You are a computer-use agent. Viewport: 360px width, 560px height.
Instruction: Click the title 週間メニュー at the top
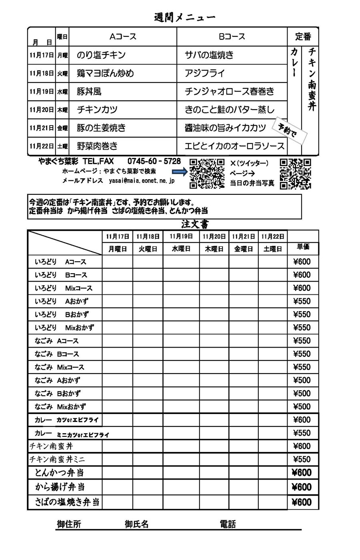(x=184, y=18)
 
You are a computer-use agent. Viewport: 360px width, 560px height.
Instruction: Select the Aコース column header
(x=123, y=37)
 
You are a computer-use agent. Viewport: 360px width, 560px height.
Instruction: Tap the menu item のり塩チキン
(x=101, y=55)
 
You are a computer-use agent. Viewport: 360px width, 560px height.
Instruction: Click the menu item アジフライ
(x=205, y=73)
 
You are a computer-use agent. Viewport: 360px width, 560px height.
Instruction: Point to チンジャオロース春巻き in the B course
(x=230, y=92)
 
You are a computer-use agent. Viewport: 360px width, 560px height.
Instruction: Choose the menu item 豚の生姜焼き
(x=102, y=128)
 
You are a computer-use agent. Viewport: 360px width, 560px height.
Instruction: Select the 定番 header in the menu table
(x=303, y=37)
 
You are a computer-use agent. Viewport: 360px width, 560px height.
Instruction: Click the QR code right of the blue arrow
(x=207, y=174)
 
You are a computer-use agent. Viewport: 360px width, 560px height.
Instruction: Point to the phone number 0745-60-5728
(x=154, y=161)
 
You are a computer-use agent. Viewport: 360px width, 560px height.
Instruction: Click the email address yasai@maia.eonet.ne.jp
(x=142, y=181)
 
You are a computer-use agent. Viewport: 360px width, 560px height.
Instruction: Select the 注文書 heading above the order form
(x=195, y=224)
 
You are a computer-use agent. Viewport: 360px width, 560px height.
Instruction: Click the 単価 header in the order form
(x=303, y=247)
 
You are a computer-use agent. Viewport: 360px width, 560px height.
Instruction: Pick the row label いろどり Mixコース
(x=64, y=288)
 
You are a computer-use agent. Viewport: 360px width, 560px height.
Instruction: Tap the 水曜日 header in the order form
(x=181, y=249)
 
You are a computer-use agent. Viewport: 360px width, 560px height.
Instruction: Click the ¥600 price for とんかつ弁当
(x=302, y=473)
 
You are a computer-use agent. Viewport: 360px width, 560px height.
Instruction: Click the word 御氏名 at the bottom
(x=136, y=524)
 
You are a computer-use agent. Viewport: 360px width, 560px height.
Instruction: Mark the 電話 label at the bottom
(x=228, y=524)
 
